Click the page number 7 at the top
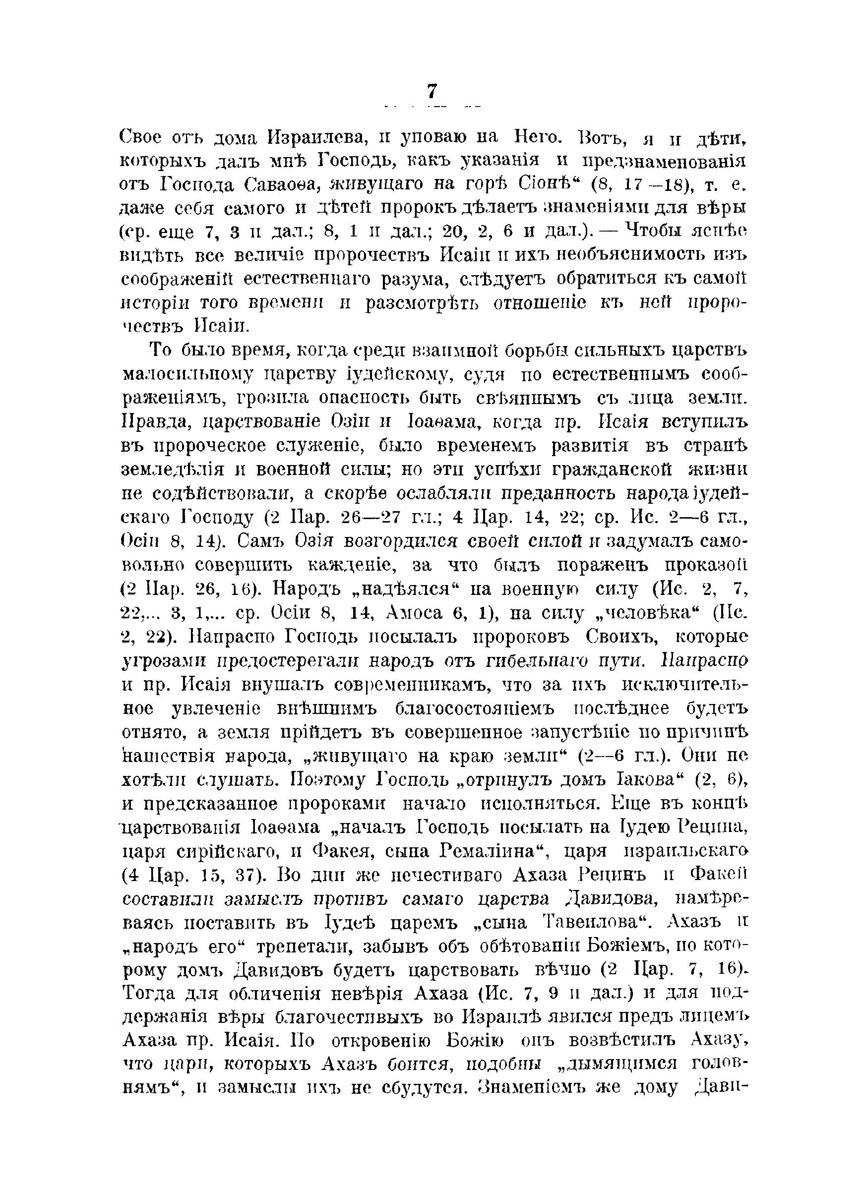click(x=432, y=91)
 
